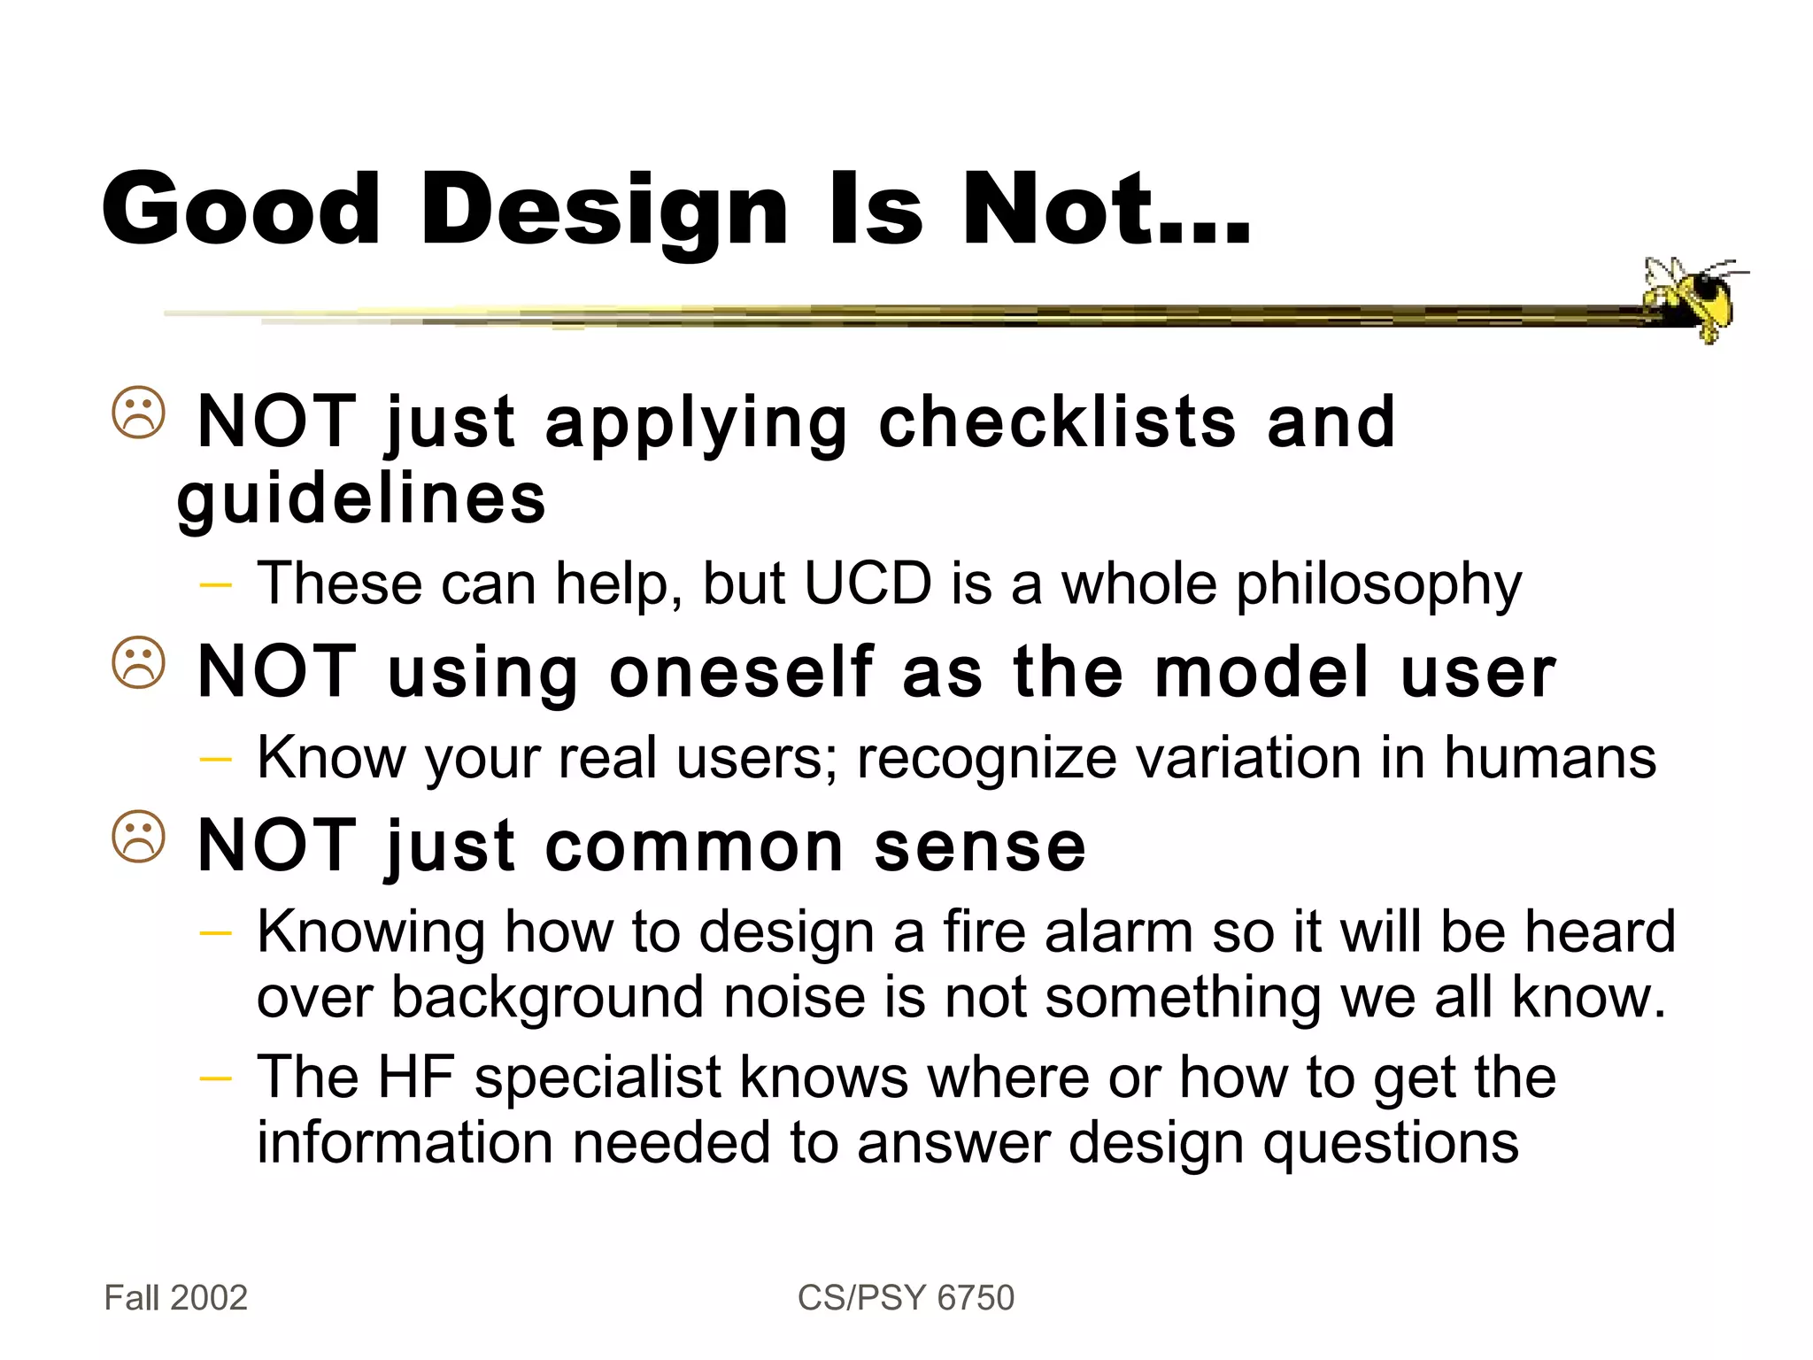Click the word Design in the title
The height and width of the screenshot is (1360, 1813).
tap(604, 211)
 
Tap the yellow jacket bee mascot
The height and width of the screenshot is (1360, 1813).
tap(1693, 297)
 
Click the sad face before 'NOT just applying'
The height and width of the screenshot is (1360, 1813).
tap(139, 413)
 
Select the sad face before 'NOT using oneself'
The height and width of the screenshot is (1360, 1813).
tap(139, 663)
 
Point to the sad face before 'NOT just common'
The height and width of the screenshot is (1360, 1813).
tap(139, 837)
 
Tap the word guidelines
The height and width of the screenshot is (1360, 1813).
tap(361, 498)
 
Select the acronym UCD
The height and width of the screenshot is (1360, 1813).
tap(868, 583)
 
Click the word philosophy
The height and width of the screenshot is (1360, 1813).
tap(1378, 585)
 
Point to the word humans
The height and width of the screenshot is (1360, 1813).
tap(1549, 758)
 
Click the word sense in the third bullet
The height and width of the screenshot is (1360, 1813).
tap(980, 846)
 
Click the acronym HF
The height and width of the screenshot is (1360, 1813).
tap(416, 1077)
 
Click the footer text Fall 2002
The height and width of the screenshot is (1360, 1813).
tap(176, 1298)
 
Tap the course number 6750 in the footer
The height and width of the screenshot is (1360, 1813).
tap(976, 1298)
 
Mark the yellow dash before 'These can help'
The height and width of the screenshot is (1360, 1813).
tap(216, 584)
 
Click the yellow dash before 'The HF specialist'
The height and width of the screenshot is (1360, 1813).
tap(216, 1078)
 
